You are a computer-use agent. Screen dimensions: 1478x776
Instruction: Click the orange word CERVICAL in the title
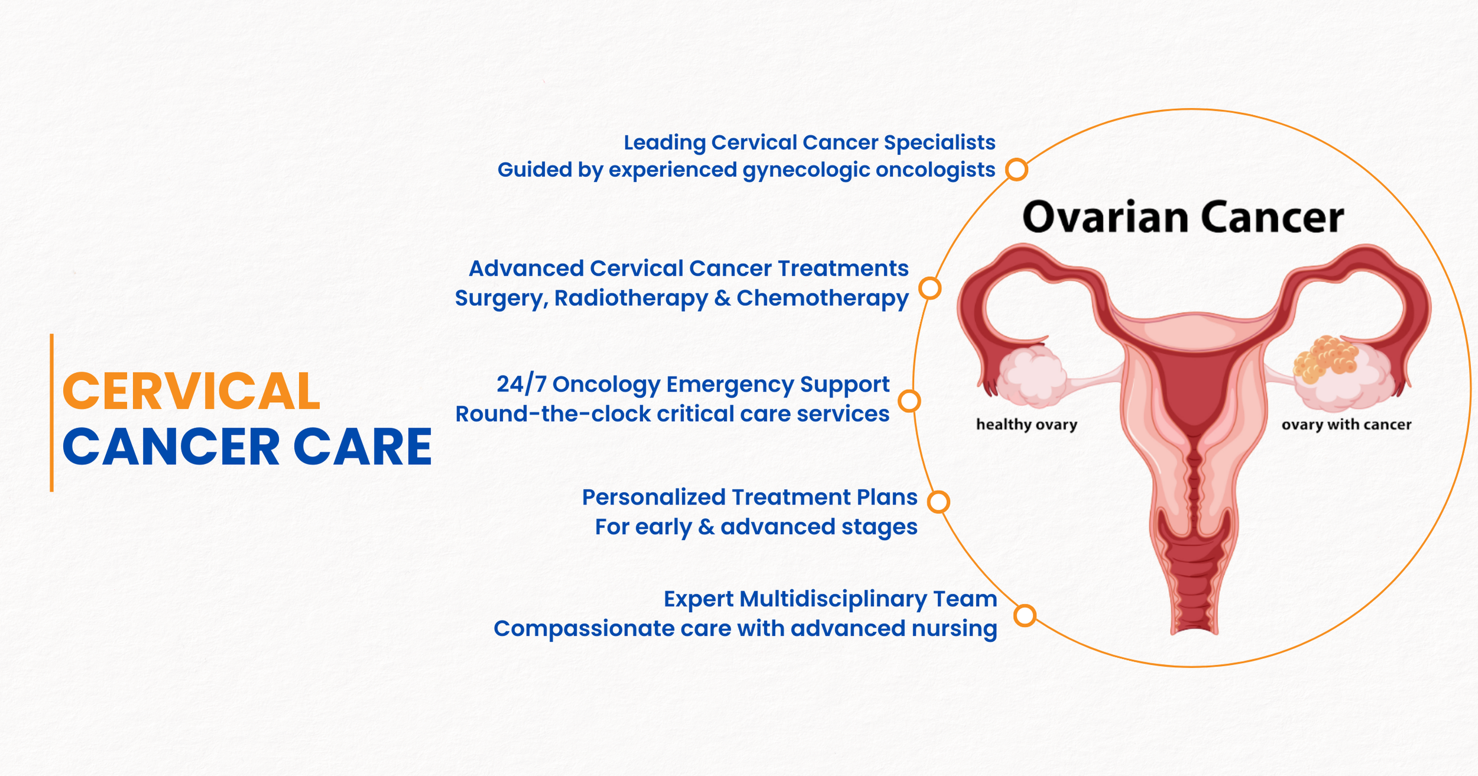click(x=191, y=391)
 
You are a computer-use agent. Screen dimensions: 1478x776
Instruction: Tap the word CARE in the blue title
click(x=362, y=447)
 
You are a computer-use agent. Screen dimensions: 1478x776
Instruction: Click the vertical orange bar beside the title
click(x=52, y=413)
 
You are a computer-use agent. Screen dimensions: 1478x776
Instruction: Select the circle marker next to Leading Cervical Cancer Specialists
click(x=1017, y=170)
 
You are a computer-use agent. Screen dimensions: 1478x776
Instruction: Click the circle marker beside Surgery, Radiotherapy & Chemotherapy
click(x=930, y=289)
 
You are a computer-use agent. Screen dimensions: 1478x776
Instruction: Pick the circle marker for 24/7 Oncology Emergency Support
click(x=909, y=401)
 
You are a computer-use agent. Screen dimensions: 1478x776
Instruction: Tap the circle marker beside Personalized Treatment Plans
click(x=938, y=502)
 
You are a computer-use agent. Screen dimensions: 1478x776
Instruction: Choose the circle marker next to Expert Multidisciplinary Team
click(x=1025, y=615)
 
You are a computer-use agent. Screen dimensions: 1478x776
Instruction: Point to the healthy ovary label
click(x=1026, y=425)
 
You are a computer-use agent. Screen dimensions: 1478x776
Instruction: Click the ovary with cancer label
click(x=1346, y=425)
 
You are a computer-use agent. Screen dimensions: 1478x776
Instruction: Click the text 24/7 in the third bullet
click(x=521, y=384)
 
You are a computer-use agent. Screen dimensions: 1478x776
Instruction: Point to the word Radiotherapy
click(x=631, y=299)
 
